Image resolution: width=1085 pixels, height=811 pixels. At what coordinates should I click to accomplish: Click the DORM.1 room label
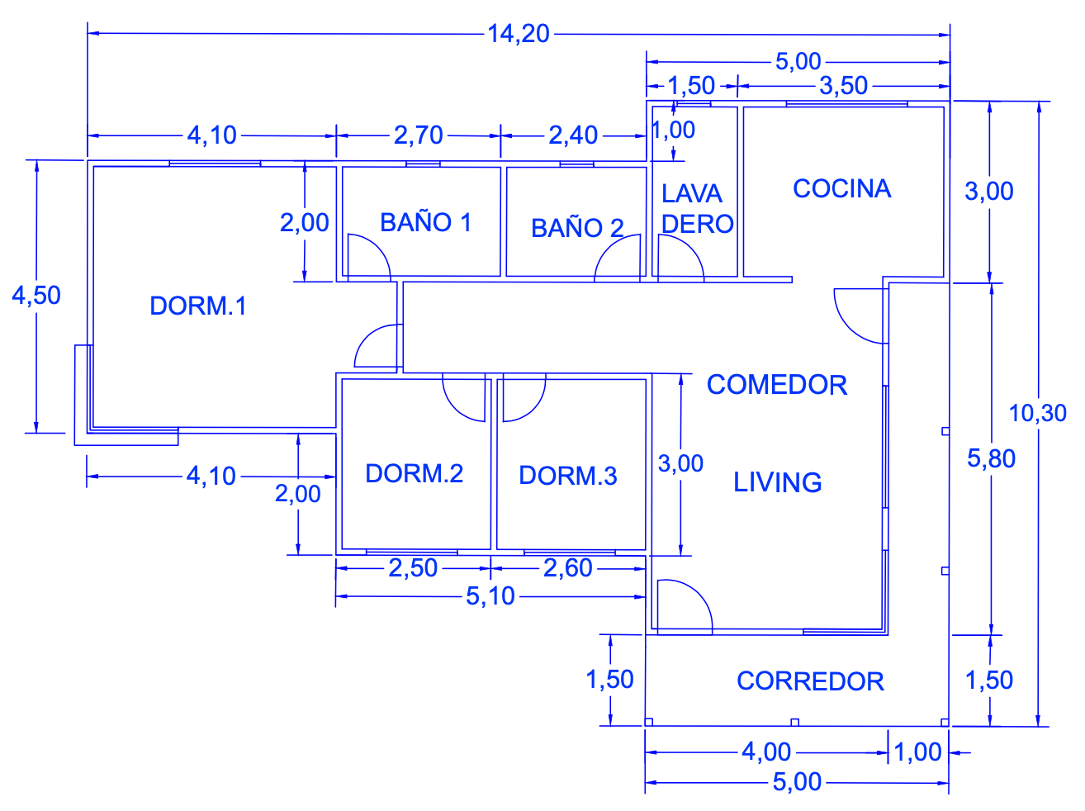click(x=198, y=306)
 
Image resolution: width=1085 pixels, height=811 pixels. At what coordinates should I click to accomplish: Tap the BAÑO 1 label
click(x=425, y=222)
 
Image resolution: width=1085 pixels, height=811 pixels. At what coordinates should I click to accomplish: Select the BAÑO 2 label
click(x=576, y=228)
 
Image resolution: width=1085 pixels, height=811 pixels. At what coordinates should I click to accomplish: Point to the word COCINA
click(x=841, y=189)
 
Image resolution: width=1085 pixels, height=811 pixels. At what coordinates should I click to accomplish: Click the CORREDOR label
click(x=810, y=681)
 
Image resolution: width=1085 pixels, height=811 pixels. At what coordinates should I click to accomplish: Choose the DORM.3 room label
click(x=567, y=476)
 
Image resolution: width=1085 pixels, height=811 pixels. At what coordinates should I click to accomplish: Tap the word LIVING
click(x=777, y=482)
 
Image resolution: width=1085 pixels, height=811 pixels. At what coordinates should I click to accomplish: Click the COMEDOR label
click(x=776, y=385)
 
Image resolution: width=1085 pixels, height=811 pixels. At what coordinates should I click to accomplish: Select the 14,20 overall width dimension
click(x=518, y=34)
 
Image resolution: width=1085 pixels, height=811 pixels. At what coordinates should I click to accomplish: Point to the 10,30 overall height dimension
click(x=1037, y=413)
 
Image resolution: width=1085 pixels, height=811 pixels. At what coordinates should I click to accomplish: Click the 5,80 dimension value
click(x=991, y=459)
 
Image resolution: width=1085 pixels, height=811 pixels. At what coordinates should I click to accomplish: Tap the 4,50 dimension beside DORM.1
click(x=36, y=296)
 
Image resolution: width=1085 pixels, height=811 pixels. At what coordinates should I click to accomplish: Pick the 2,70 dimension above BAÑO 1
click(x=418, y=135)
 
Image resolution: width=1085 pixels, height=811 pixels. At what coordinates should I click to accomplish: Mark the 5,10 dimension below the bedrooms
click(x=490, y=596)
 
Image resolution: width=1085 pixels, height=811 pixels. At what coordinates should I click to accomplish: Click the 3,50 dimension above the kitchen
click(x=843, y=86)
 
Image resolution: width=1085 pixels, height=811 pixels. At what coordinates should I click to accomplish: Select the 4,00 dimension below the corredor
click(x=766, y=752)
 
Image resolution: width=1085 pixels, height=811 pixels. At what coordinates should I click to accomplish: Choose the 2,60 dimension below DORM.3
click(x=567, y=568)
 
